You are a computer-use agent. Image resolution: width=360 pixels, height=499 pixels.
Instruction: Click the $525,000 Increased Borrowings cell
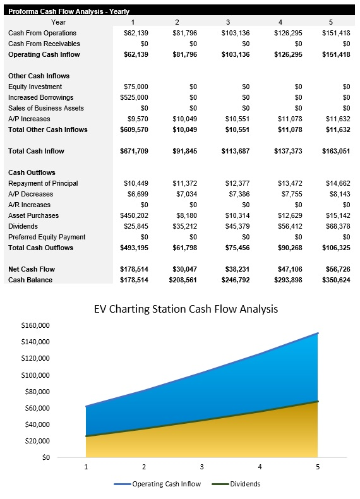tap(134, 97)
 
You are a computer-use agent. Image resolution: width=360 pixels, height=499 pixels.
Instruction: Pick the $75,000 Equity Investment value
tap(136, 87)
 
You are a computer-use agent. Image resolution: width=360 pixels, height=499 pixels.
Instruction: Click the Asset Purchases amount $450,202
tap(134, 215)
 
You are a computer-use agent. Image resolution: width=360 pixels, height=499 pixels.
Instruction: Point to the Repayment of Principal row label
tap(43, 183)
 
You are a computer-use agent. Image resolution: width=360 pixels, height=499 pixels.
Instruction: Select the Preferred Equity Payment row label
tap(47, 237)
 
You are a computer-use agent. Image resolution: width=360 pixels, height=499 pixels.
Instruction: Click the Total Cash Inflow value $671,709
tap(134, 151)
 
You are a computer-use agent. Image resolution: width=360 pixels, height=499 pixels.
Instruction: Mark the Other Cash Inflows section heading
tap(39, 76)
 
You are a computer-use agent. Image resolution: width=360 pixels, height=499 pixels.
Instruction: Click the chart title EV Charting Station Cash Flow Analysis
tap(186, 309)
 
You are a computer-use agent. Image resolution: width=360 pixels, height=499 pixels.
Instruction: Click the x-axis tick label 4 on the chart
tap(260, 467)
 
